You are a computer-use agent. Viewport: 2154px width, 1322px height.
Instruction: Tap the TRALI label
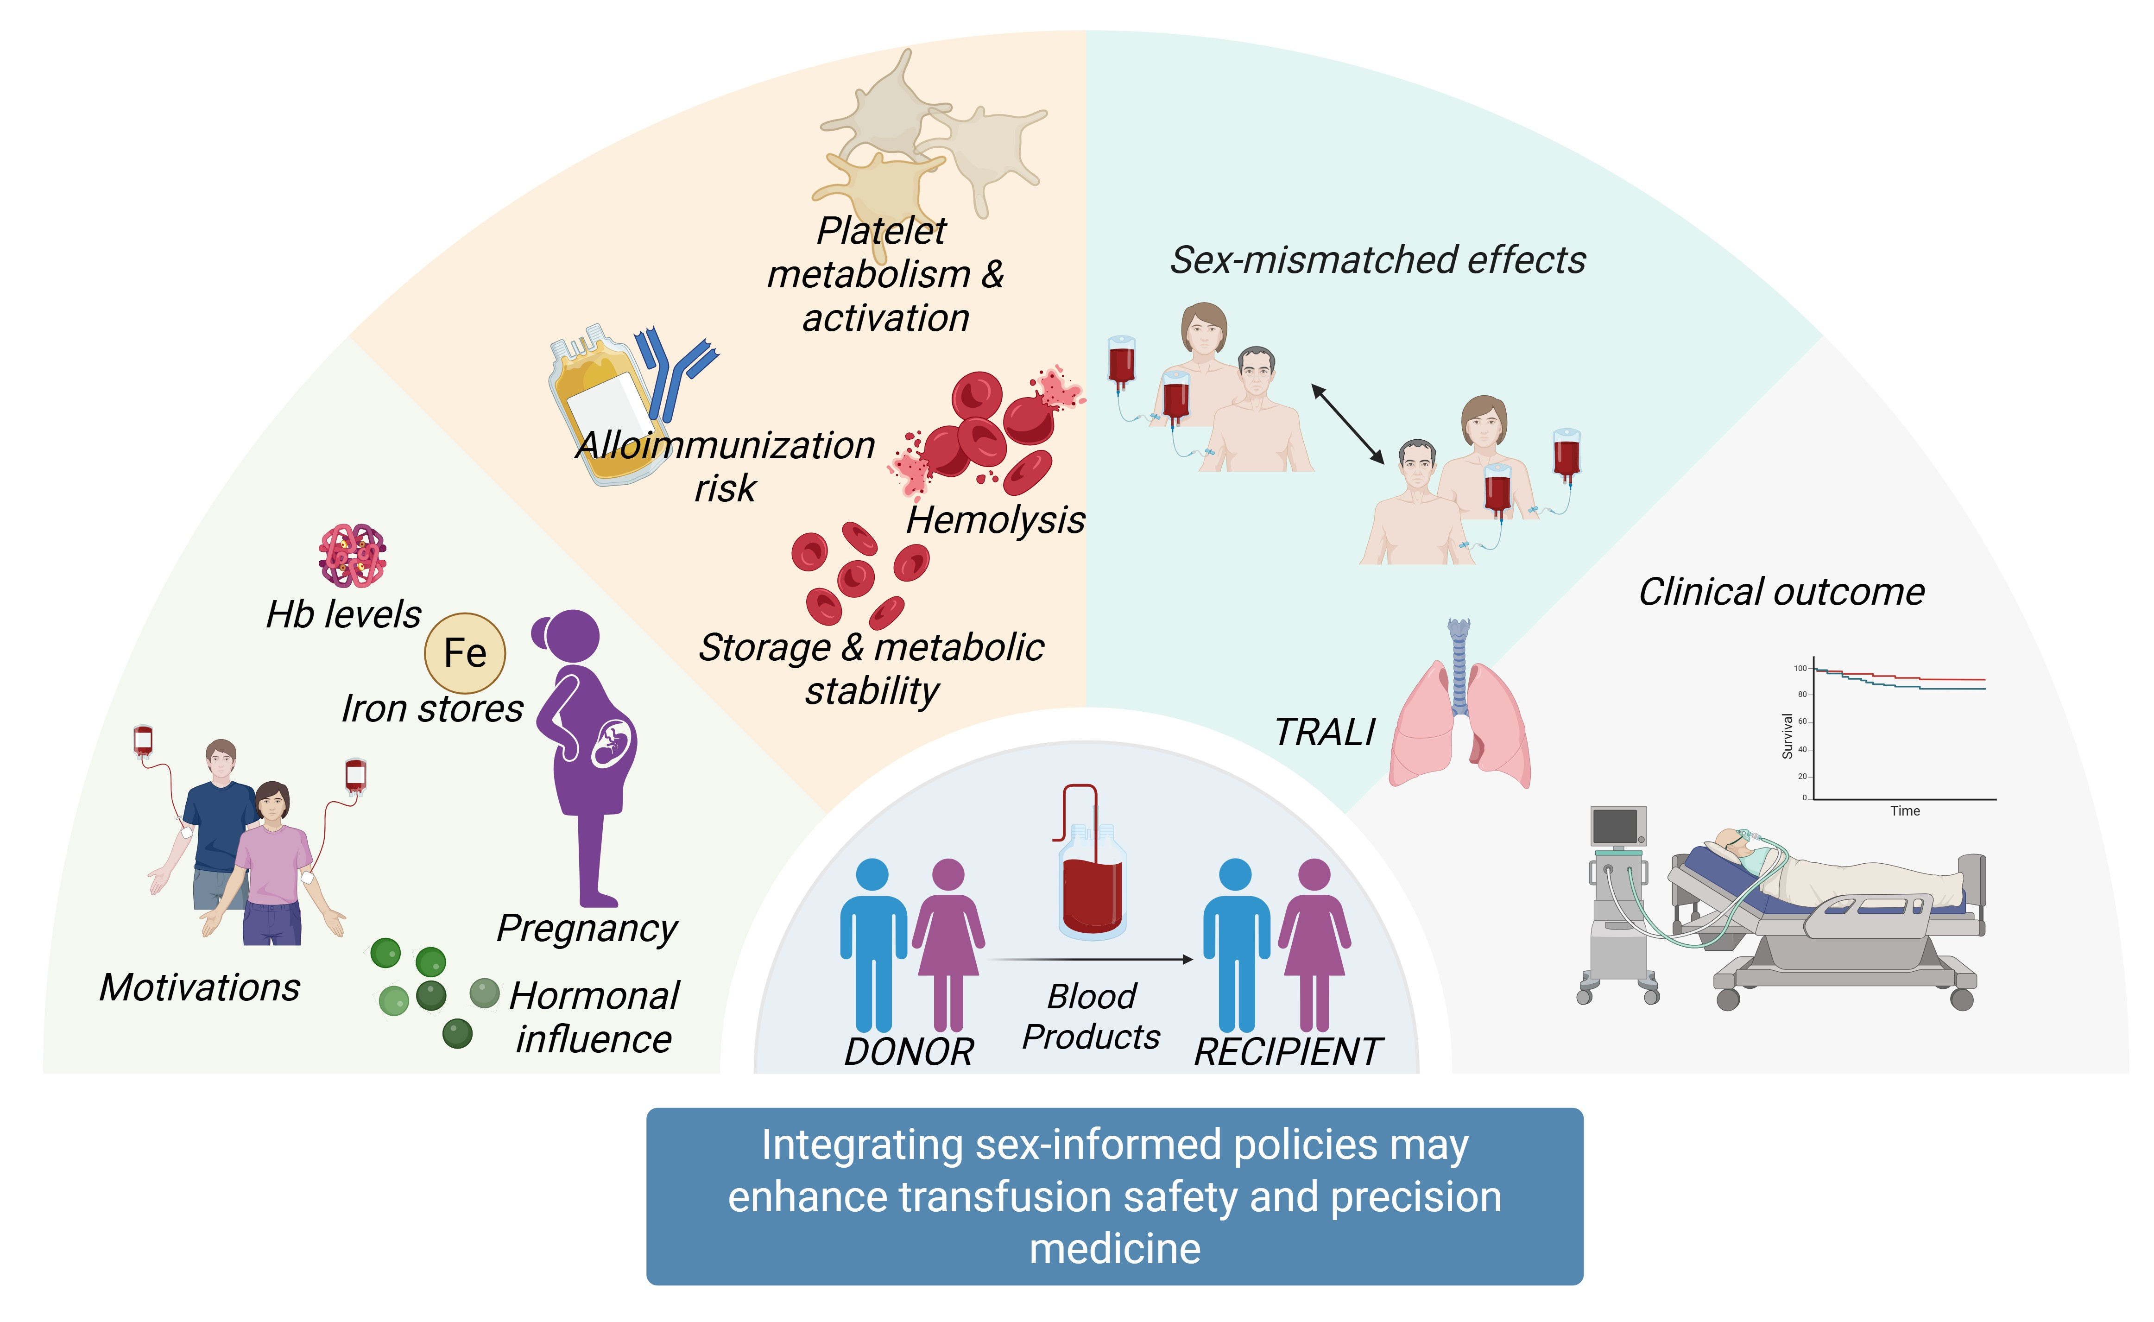[1324, 732]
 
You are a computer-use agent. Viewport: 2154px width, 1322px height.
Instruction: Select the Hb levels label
[344, 614]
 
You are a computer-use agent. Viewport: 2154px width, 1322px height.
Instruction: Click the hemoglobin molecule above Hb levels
[352, 555]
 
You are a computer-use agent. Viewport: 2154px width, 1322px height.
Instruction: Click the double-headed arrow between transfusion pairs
[1347, 424]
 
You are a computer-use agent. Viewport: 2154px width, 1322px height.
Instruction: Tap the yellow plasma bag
[603, 402]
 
